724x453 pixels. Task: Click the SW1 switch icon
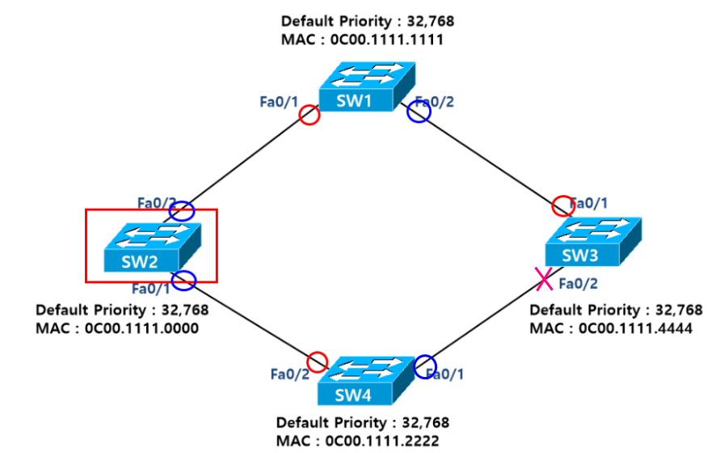[365, 86]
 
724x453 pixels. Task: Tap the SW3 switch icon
[594, 242]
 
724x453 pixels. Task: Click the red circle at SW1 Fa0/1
[309, 116]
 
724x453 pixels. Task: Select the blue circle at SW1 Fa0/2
[419, 112]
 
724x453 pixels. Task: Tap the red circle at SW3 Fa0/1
[562, 206]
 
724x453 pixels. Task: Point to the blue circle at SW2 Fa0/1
[184, 281]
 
